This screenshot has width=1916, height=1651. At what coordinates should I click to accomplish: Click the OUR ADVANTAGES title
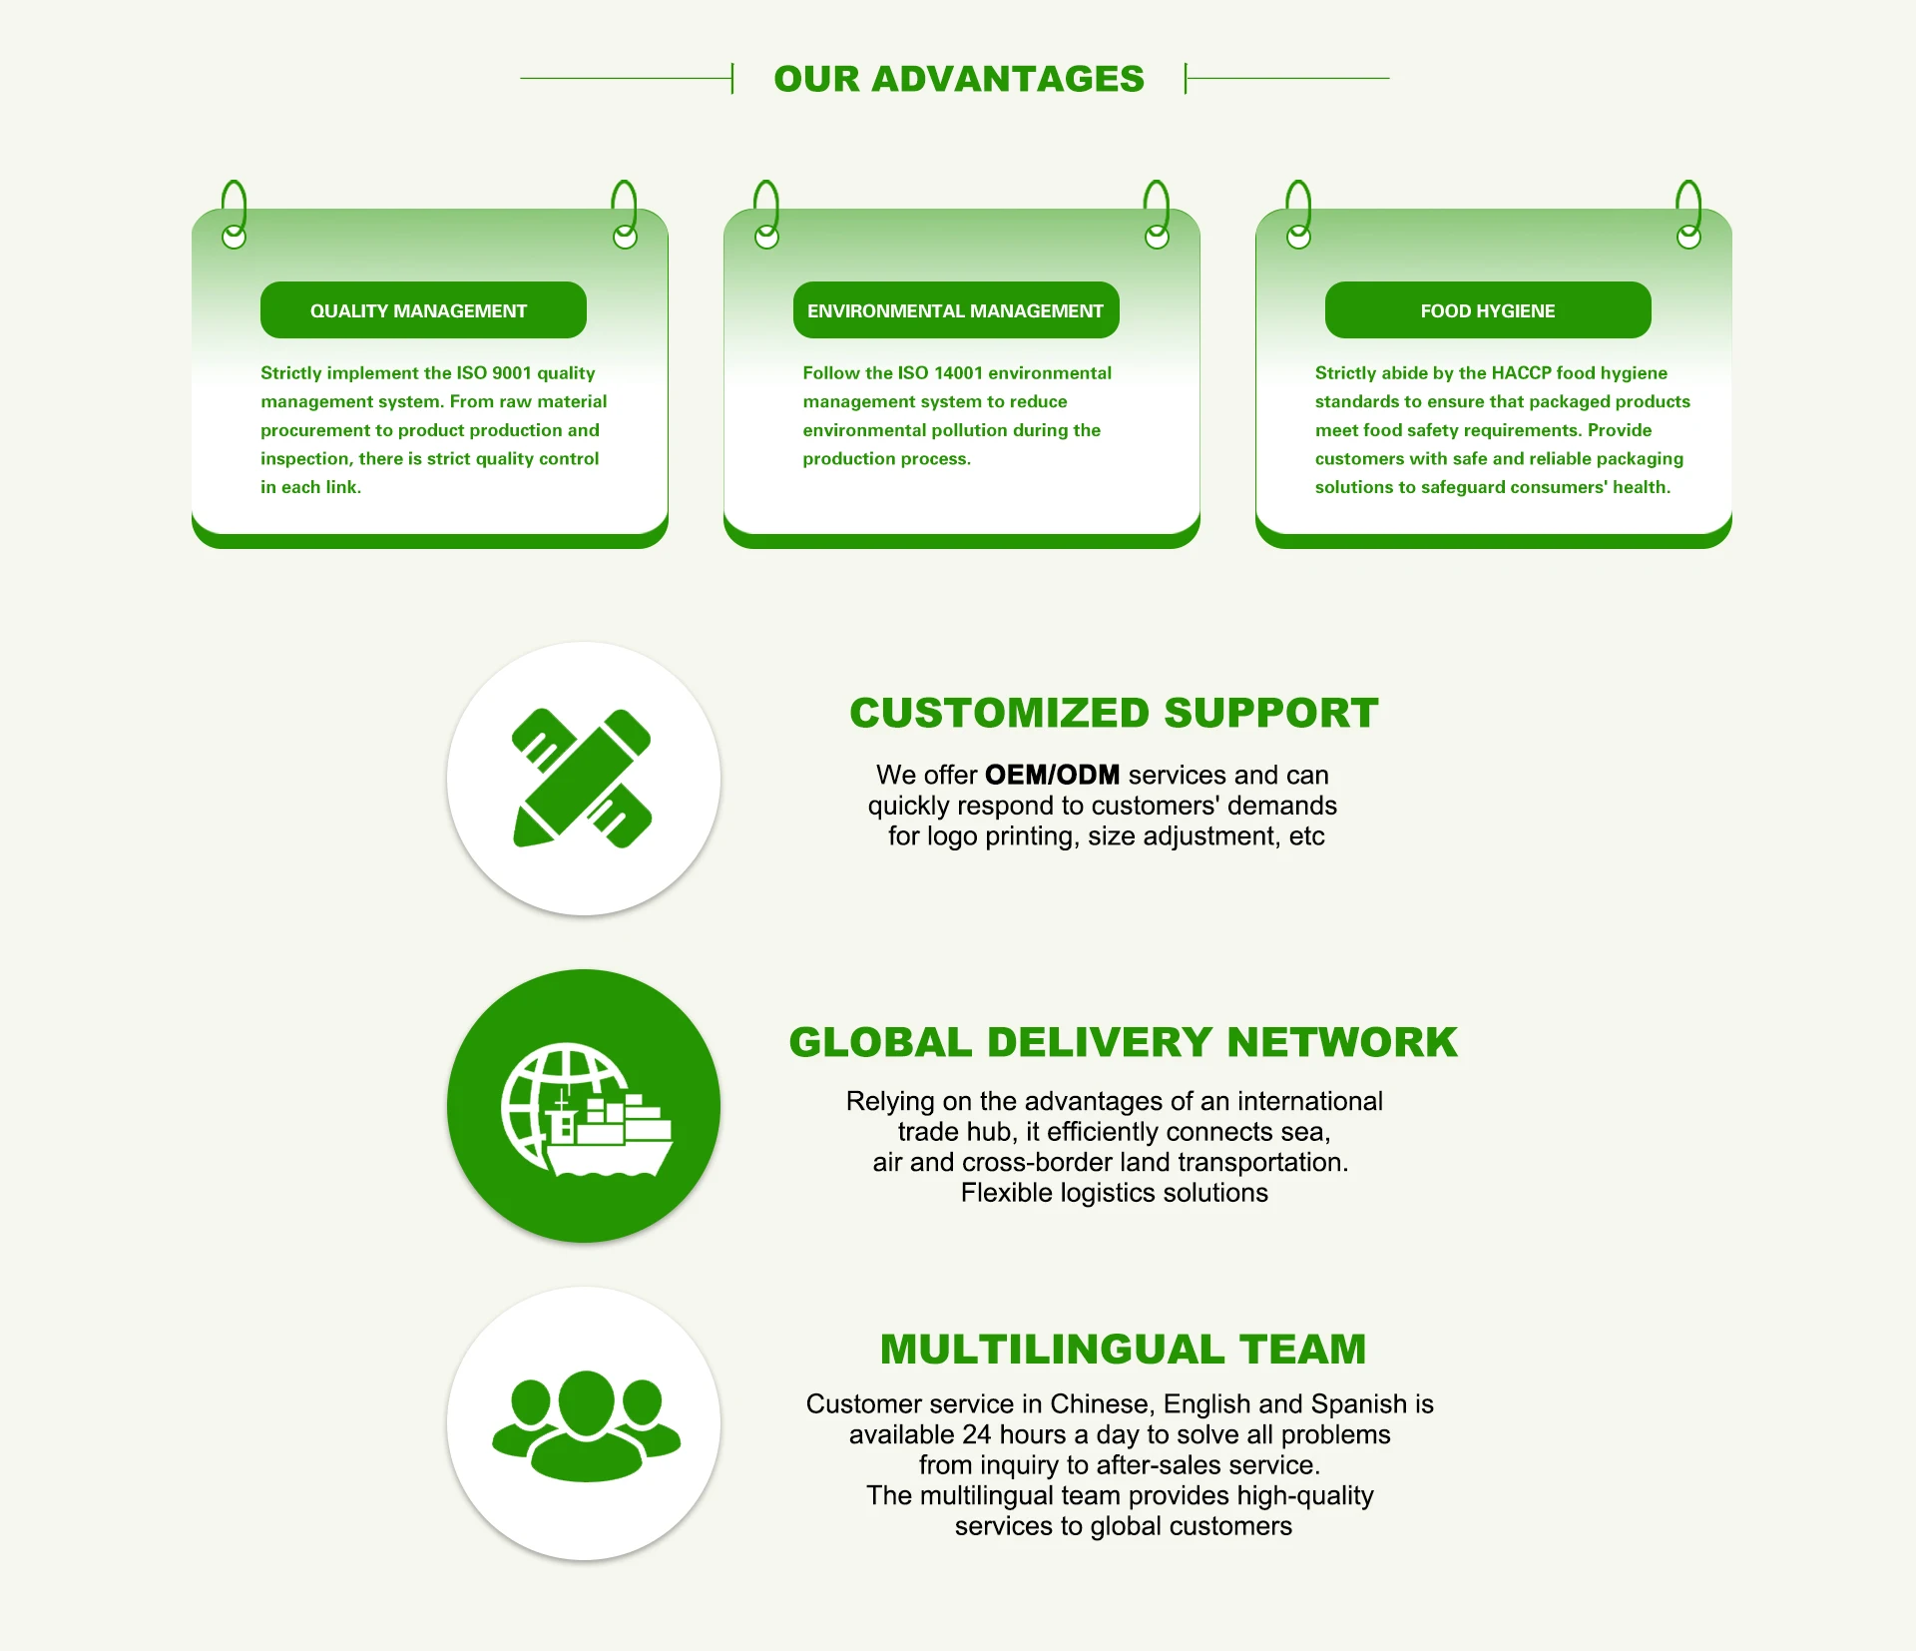click(958, 79)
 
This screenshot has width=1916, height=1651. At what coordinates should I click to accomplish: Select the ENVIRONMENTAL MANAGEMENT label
click(955, 310)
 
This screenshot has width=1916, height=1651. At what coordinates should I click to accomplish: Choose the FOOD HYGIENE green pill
click(1487, 310)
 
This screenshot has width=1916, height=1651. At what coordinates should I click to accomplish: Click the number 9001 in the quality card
click(512, 373)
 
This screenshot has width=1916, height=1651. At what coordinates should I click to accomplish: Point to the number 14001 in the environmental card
click(958, 373)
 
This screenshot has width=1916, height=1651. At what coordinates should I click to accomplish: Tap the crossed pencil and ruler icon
click(582, 779)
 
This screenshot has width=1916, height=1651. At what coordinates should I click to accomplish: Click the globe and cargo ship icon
click(585, 1108)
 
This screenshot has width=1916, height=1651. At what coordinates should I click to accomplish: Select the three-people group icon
click(586, 1423)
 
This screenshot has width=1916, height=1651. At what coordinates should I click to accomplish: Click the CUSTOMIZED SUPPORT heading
click(1114, 713)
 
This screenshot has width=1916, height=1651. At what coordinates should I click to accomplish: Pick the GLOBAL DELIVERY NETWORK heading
click(1123, 1042)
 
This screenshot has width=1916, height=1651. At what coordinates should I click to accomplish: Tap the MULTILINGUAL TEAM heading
click(1123, 1349)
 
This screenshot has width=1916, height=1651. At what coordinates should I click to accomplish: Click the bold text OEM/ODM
click(1052, 776)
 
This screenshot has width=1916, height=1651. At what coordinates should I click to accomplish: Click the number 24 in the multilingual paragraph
click(977, 1435)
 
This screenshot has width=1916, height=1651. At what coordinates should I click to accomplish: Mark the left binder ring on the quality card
click(234, 214)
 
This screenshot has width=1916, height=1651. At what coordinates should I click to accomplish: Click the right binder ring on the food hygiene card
click(1688, 214)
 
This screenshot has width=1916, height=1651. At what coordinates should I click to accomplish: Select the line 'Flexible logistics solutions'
click(1114, 1193)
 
